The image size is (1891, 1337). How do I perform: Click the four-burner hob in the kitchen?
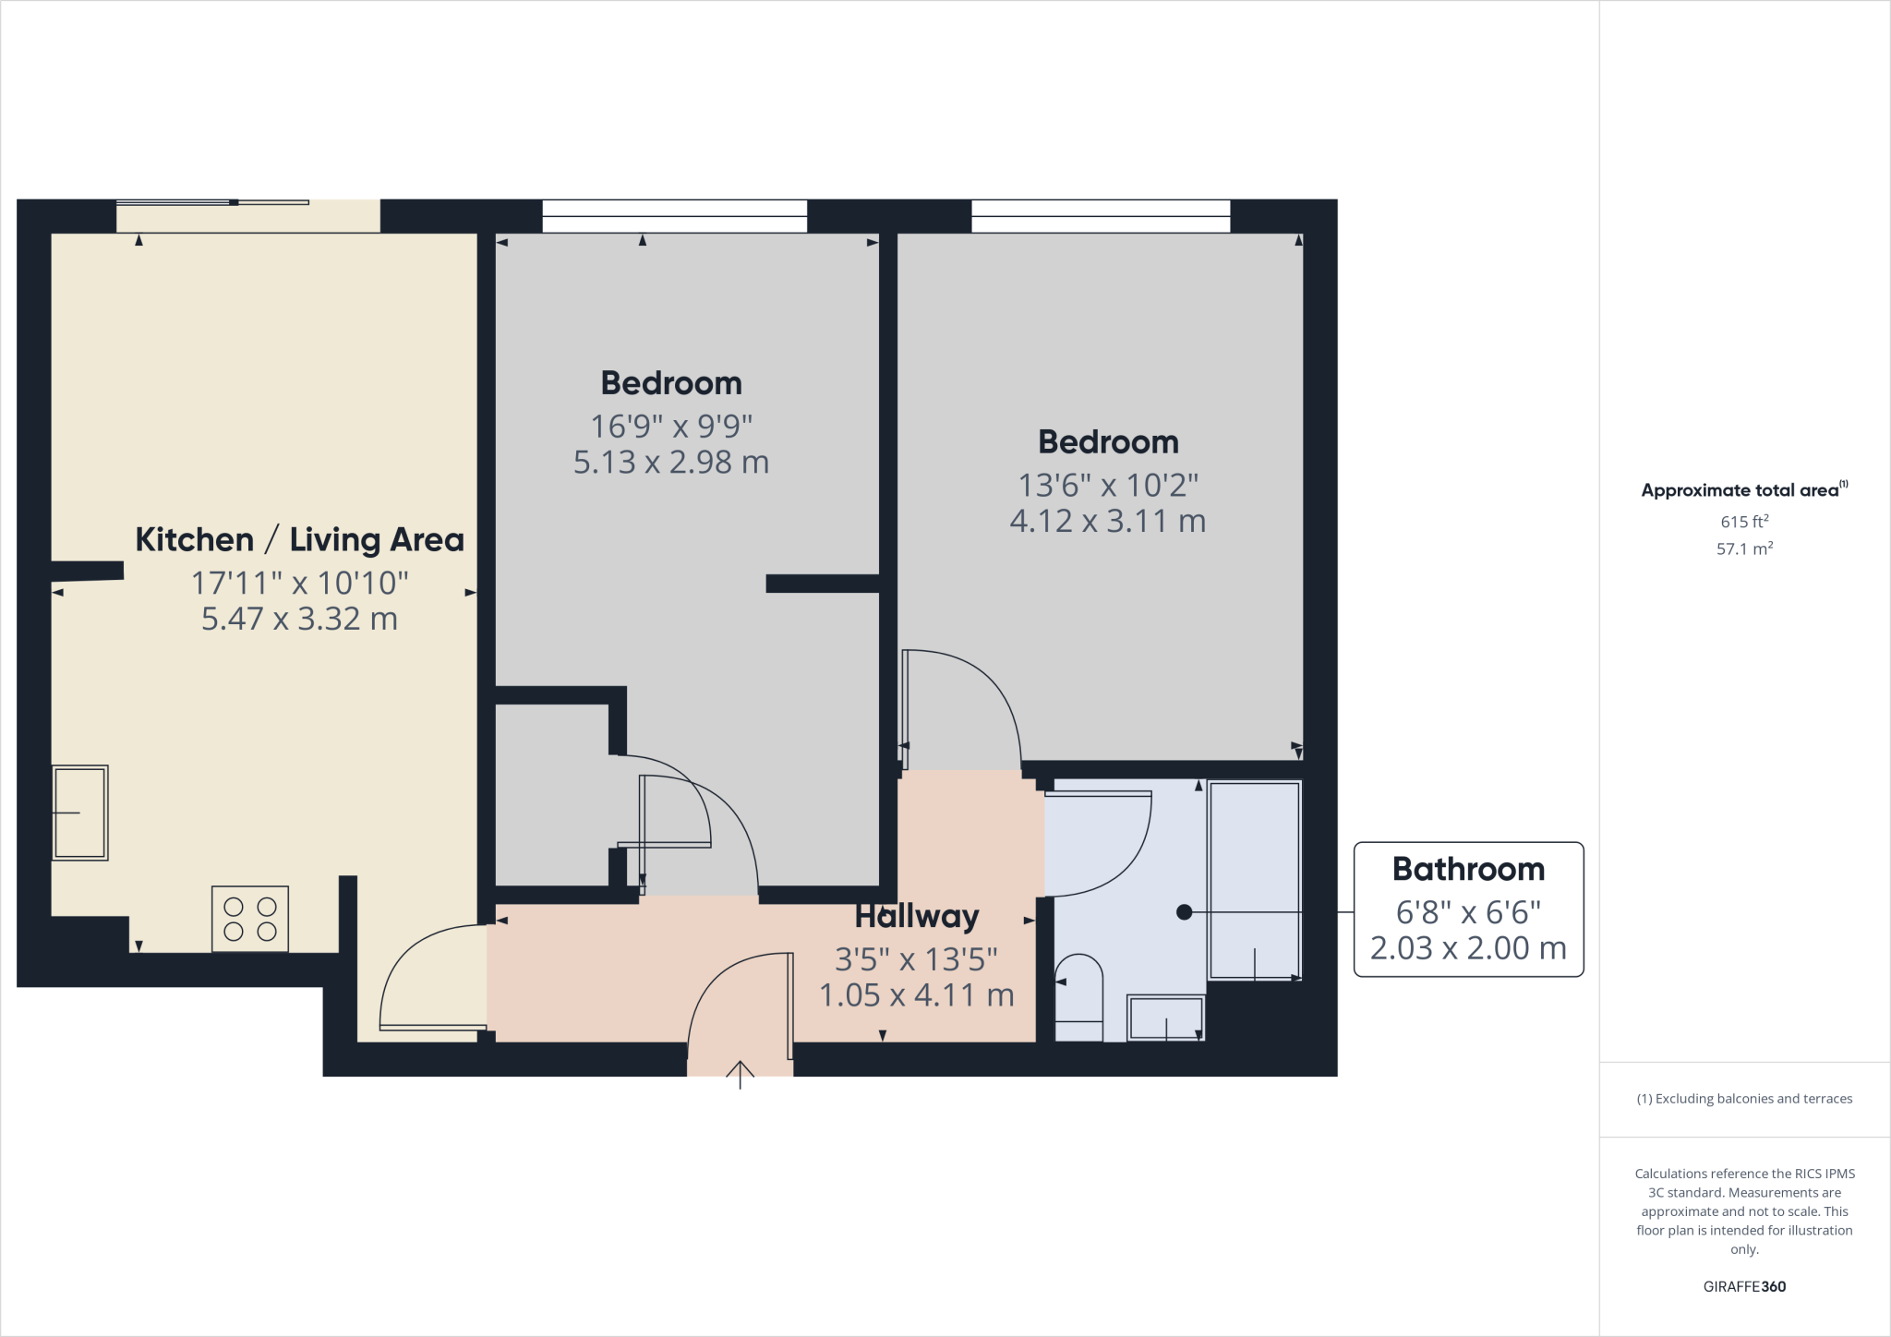250,919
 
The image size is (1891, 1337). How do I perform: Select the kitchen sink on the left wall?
80,813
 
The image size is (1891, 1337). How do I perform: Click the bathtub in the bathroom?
1254,880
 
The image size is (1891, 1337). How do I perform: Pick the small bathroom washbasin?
1166,1018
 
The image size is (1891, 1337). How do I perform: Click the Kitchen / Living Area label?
299,540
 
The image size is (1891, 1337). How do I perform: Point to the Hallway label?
916,917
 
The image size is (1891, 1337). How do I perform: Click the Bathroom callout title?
1468,870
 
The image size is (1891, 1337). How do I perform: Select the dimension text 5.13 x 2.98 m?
671,463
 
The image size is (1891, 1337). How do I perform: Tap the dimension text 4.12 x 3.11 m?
1108,522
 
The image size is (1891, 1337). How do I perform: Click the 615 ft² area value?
1744,522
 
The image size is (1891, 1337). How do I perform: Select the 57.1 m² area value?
1744,549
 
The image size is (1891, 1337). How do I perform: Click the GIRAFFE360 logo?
1744,1286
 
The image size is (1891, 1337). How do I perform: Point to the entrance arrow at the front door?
740,1074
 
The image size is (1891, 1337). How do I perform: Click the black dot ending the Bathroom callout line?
1184,912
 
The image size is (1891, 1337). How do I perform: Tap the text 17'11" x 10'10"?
299,584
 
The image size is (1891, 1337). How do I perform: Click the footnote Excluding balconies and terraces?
1744,1099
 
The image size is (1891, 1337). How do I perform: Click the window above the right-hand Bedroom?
1101,216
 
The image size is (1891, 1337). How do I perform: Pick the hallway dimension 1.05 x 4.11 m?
916,995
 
